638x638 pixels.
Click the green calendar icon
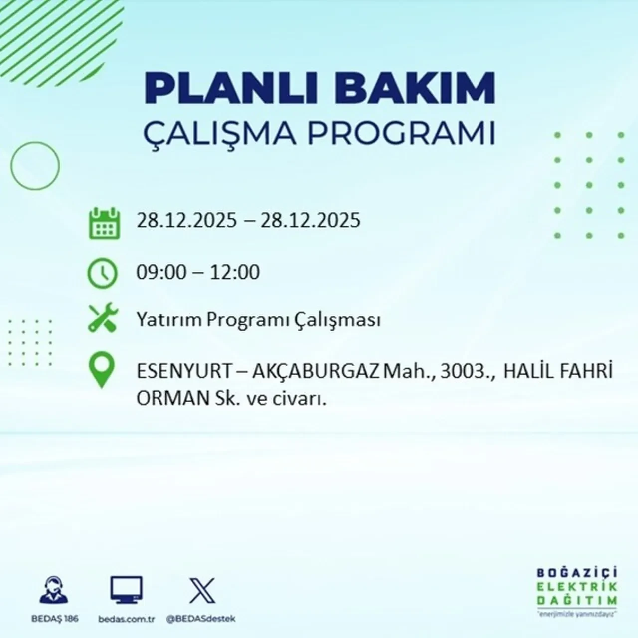pyautogui.click(x=104, y=223)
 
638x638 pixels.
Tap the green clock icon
pyautogui.click(x=102, y=274)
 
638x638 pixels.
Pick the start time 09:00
pyautogui.click(x=161, y=272)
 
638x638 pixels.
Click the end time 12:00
pyautogui.click(x=235, y=272)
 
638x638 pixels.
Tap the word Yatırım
pyautogui.click(x=169, y=320)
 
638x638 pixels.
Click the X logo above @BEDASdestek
pyautogui.click(x=202, y=591)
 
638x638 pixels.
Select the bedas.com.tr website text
pyautogui.click(x=127, y=619)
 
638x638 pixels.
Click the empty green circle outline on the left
pyautogui.click(x=35, y=165)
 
